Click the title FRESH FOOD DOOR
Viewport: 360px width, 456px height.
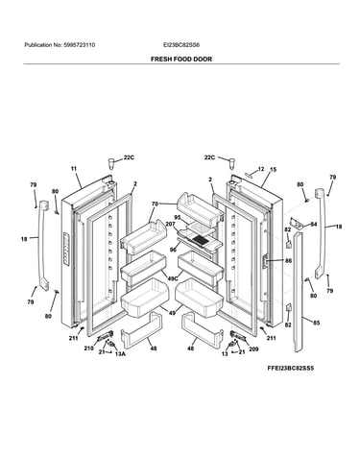click(x=181, y=60)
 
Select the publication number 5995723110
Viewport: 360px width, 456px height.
click(x=79, y=45)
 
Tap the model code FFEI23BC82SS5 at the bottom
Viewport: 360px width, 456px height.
click(x=291, y=368)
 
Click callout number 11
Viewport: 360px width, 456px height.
click(x=74, y=168)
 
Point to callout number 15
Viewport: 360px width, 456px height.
click(x=273, y=170)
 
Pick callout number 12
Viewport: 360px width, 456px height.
click(x=261, y=169)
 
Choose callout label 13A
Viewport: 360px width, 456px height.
click(x=120, y=354)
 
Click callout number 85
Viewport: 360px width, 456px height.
click(x=316, y=323)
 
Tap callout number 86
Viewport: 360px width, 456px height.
click(x=288, y=261)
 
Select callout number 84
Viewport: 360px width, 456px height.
click(x=314, y=225)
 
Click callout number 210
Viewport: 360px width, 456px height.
click(x=89, y=348)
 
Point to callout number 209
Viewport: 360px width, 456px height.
click(x=253, y=349)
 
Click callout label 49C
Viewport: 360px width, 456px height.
click(x=173, y=278)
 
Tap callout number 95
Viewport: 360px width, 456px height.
click(x=178, y=218)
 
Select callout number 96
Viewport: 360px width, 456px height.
click(x=173, y=250)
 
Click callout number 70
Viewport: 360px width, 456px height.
click(x=155, y=204)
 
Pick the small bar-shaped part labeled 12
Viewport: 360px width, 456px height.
click(x=251, y=174)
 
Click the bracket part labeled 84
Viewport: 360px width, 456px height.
click(x=297, y=224)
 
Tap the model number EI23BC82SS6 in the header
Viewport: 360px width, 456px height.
click(x=181, y=45)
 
